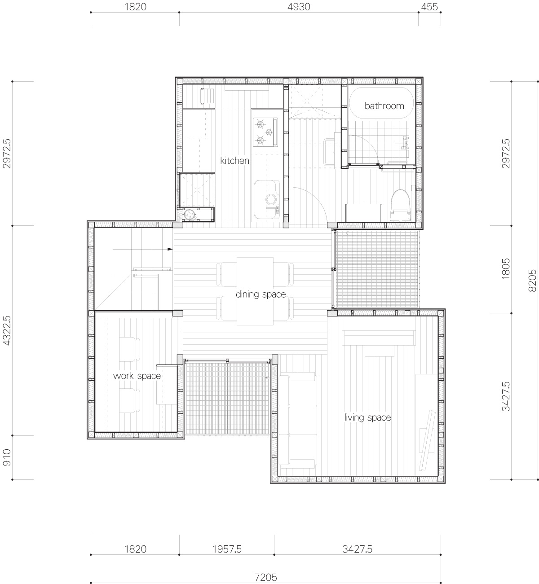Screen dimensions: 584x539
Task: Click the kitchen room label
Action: (234, 160)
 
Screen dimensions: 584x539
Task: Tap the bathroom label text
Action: (384, 106)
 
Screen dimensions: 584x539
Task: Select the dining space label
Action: (261, 294)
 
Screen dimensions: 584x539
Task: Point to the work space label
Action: (137, 376)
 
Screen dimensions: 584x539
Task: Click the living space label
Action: (367, 417)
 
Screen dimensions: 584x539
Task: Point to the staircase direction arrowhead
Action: (170, 249)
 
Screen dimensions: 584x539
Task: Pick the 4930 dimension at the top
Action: (298, 7)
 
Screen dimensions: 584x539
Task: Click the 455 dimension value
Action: (429, 7)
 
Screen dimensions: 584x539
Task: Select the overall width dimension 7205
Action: (265, 577)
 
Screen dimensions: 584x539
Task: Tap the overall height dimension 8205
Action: (532, 281)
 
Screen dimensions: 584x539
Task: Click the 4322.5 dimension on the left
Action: (6, 330)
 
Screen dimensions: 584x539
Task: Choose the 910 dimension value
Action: (6, 457)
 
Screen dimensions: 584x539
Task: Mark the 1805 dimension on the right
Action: (506, 269)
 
